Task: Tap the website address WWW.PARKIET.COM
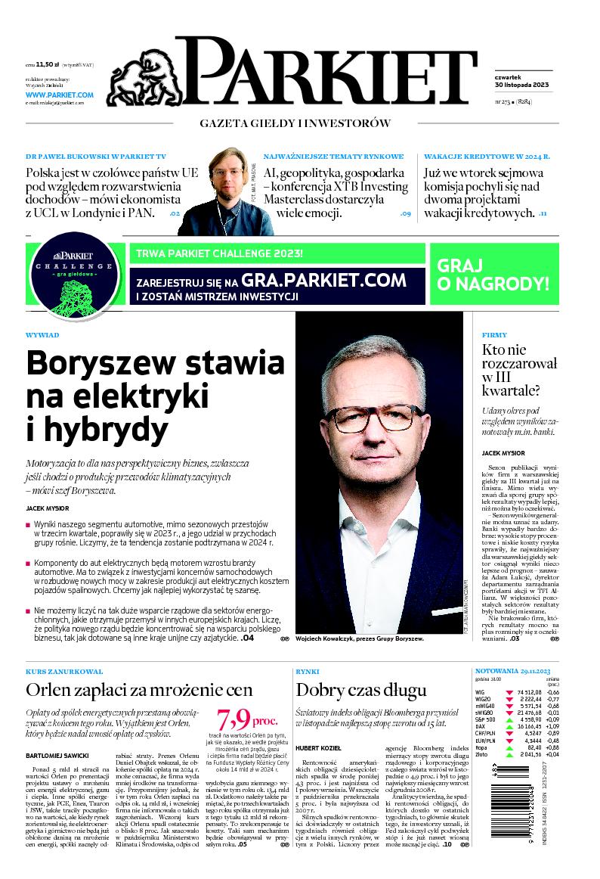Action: point(59,95)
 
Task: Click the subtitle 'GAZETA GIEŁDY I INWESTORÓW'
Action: point(295,123)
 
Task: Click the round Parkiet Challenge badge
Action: point(74,275)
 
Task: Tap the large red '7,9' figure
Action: point(234,717)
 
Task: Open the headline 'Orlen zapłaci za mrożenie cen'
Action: point(138,689)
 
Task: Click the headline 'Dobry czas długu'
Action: point(361,689)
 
